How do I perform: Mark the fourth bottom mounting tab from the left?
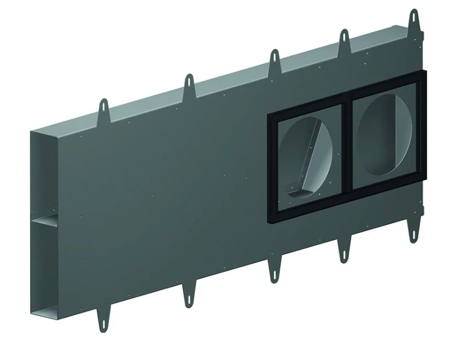click(x=345, y=247)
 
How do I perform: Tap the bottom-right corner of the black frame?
click(x=424, y=178)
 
